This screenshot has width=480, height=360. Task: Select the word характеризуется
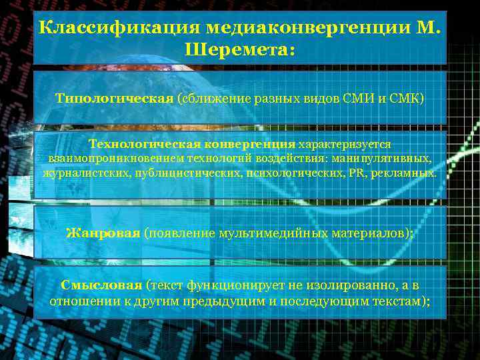coord(345,144)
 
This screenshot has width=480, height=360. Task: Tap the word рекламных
coord(405,173)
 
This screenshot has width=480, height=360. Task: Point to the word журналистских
coord(77,173)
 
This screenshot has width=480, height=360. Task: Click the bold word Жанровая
coord(103,233)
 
